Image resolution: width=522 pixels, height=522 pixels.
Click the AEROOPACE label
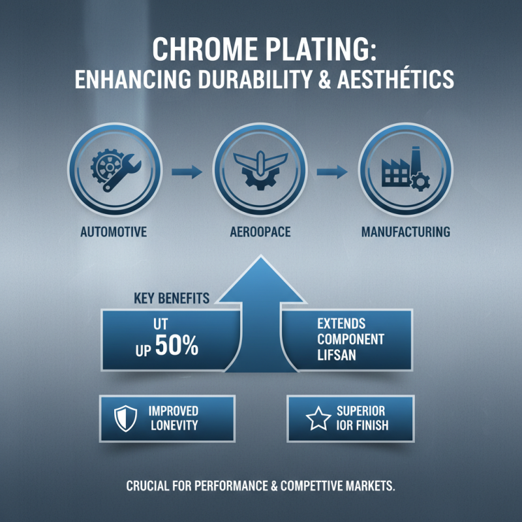[x=260, y=232]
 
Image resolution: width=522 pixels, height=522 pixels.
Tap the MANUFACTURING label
[x=405, y=232]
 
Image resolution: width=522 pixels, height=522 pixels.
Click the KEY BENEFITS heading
[x=172, y=299]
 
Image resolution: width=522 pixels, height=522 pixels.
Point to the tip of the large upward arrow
[x=260, y=259]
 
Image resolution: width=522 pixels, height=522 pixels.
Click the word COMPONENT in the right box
[x=350, y=339]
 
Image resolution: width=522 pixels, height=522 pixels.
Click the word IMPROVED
[x=174, y=412]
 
